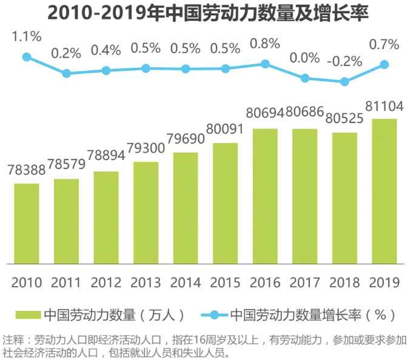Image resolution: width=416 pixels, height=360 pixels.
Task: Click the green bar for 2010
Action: pos(27,224)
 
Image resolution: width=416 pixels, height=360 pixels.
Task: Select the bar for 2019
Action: pos(384,192)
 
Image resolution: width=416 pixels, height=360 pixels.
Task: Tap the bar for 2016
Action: pos(265,196)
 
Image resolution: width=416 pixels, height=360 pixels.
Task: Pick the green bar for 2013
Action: pos(146,213)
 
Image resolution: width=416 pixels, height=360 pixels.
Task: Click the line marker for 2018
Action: pos(345,82)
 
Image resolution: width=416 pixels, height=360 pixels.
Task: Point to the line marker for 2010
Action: pos(27,57)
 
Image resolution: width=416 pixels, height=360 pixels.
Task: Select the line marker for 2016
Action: pos(265,63)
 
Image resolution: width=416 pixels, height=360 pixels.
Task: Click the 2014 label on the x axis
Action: pos(186,282)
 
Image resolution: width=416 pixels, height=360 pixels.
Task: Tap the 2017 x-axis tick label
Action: pos(305,282)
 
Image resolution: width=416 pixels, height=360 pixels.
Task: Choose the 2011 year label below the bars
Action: pos(66,282)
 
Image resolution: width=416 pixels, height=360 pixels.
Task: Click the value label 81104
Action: pos(384,107)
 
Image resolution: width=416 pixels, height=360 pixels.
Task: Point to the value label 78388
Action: pos(27,172)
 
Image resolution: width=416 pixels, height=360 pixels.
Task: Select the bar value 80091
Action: pos(225,130)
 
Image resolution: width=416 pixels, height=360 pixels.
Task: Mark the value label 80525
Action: pos(344,119)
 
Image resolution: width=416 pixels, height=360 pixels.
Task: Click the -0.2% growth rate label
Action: pos(344,61)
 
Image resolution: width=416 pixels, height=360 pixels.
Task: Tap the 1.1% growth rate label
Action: pos(27,37)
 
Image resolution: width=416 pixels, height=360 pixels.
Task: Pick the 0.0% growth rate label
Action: pos(305,58)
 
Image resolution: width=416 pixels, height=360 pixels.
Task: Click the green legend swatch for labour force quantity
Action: pos(27,315)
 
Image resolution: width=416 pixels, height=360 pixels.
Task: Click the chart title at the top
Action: pos(208,13)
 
